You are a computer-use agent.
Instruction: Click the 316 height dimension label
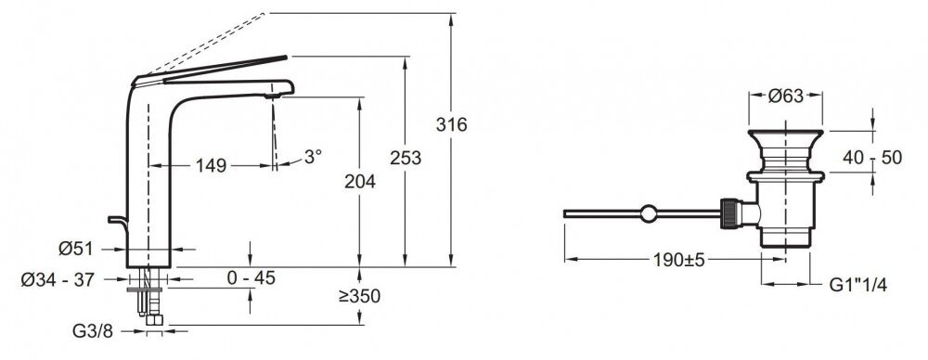452,125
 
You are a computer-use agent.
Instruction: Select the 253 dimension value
406,158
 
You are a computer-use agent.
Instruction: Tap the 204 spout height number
360,182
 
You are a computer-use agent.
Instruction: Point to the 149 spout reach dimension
211,166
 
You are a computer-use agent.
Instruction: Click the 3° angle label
313,156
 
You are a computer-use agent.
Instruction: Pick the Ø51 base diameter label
76,250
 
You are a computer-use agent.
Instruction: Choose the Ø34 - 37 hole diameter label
58,279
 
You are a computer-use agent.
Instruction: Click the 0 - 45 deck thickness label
251,277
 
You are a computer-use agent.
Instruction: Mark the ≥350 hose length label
359,296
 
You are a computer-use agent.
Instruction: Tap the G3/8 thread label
92,331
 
